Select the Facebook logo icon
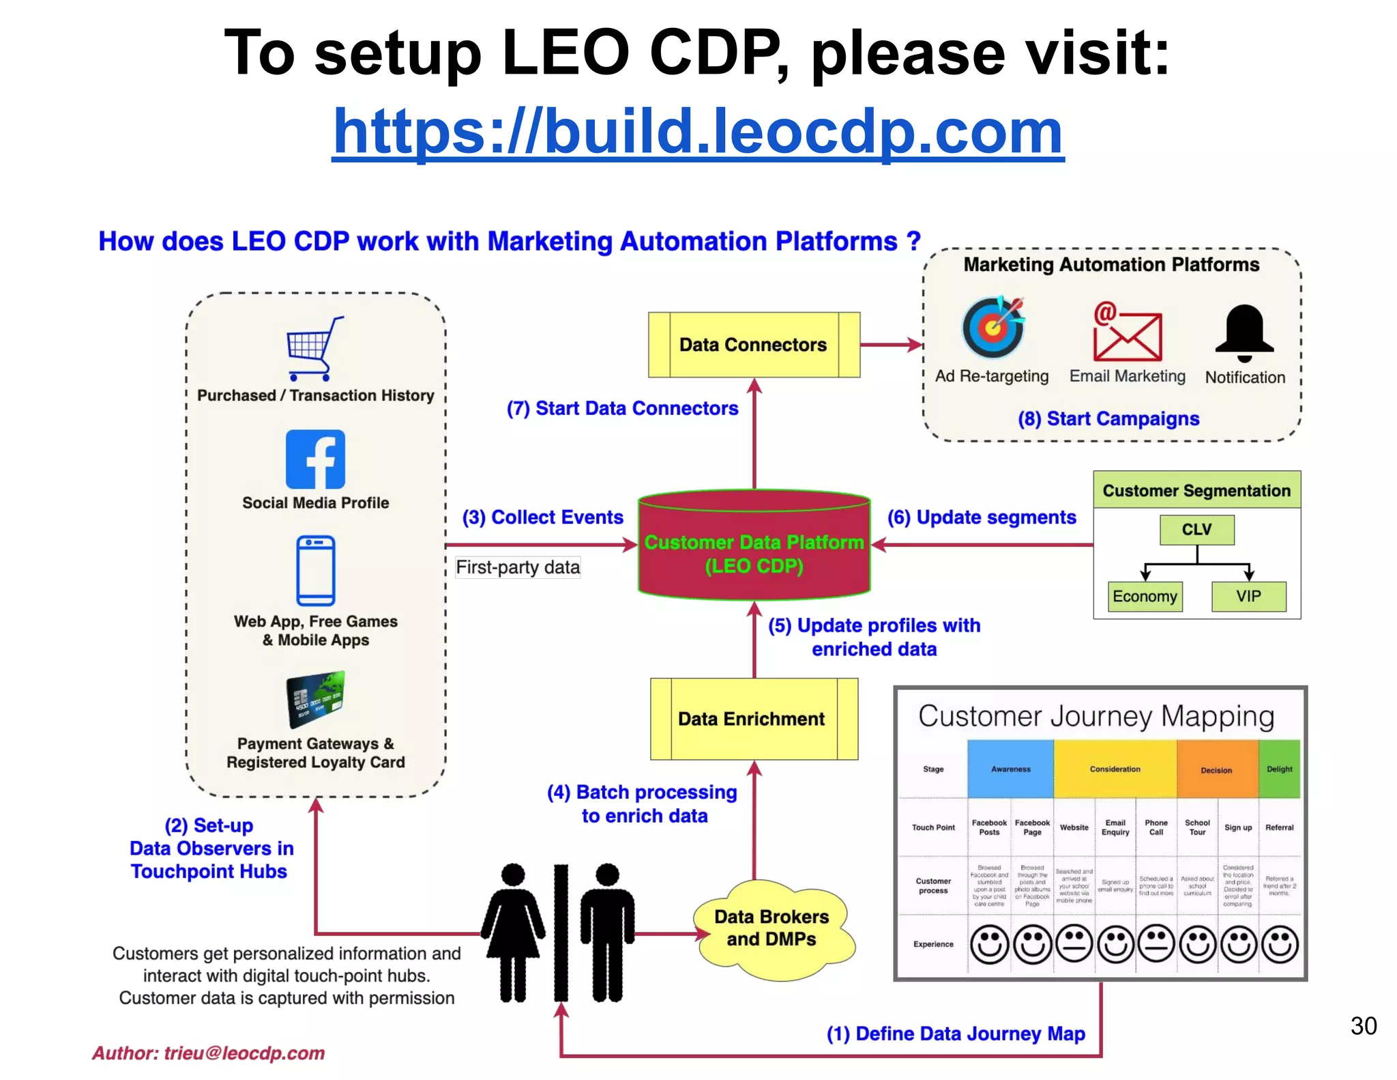click(315, 459)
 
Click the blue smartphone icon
click(315, 571)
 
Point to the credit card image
click(315, 698)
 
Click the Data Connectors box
click(753, 345)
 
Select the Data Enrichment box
click(753, 719)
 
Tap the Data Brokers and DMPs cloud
click(772, 928)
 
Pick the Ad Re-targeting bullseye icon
click(992, 327)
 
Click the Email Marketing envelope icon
click(1127, 334)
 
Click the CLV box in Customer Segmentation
click(1196, 530)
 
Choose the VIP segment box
click(1248, 596)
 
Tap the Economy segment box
click(1145, 596)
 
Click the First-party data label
click(518, 567)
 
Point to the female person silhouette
click(513, 932)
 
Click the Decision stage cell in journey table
click(1216, 769)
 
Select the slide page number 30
click(1363, 1025)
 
